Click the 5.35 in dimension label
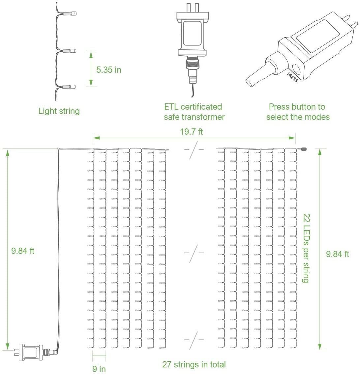(108, 69)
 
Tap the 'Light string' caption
(59, 111)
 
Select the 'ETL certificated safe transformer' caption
(194, 112)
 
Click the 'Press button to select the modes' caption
(298, 112)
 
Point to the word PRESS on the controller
(292, 78)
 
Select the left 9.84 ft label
(23, 251)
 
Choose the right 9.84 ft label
(337, 254)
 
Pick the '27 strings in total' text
(194, 364)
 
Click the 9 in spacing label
(99, 369)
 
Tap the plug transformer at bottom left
(30, 351)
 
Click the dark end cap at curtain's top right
(303, 149)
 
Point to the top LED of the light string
(71, 14)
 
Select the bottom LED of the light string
(70, 87)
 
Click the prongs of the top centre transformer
(193, 7)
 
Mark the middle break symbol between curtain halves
(194, 253)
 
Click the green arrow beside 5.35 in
(91, 69)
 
